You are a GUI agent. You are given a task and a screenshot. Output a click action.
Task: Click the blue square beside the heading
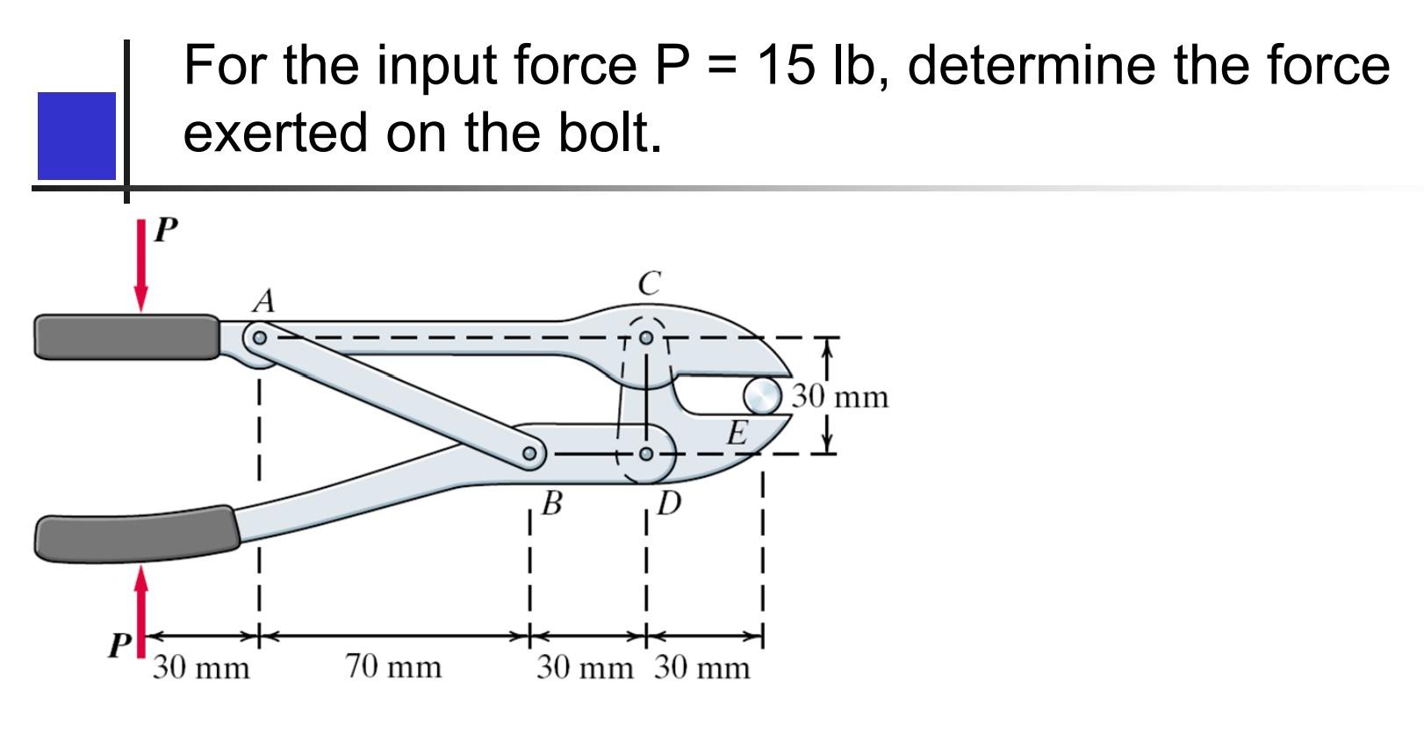76,135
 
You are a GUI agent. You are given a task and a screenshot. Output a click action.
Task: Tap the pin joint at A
259,337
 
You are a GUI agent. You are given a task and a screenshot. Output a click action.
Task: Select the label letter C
649,284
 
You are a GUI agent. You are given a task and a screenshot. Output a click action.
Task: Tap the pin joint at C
646,337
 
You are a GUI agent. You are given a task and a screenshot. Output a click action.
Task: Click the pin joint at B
529,454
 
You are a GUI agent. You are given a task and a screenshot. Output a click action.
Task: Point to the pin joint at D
646,454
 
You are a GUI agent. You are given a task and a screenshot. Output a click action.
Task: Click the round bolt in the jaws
762,396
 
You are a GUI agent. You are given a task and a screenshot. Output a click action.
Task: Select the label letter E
738,433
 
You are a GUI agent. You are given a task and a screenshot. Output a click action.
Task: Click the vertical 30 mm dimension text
840,397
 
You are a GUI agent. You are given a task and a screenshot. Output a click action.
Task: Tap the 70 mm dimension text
392,666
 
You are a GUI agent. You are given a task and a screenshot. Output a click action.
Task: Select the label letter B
551,503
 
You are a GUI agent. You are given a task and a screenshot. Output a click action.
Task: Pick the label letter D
669,503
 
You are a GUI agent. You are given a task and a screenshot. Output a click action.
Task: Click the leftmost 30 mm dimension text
201,668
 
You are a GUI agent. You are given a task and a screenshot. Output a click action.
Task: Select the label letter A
263,301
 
